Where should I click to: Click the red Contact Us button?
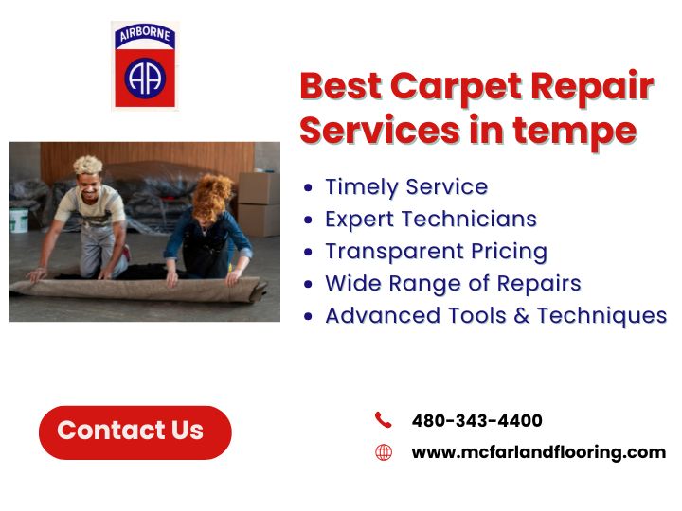(x=135, y=432)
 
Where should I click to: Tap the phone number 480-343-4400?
(x=477, y=420)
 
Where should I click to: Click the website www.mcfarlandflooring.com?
(x=538, y=452)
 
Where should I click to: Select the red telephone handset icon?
(x=384, y=420)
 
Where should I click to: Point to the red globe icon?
(x=384, y=452)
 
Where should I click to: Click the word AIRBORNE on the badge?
(x=145, y=34)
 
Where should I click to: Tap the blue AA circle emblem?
(x=145, y=79)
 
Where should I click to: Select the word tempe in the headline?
(x=575, y=131)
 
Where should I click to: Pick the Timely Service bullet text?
(x=406, y=187)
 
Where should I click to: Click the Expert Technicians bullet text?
(x=431, y=219)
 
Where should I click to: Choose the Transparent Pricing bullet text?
(x=437, y=252)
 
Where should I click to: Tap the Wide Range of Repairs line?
(x=453, y=283)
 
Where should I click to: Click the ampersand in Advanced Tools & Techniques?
(x=522, y=315)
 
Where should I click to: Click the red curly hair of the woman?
(x=213, y=196)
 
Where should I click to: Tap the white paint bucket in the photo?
(x=19, y=220)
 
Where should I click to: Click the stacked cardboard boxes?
(x=259, y=204)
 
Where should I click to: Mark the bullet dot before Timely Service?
(x=309, y=187)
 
